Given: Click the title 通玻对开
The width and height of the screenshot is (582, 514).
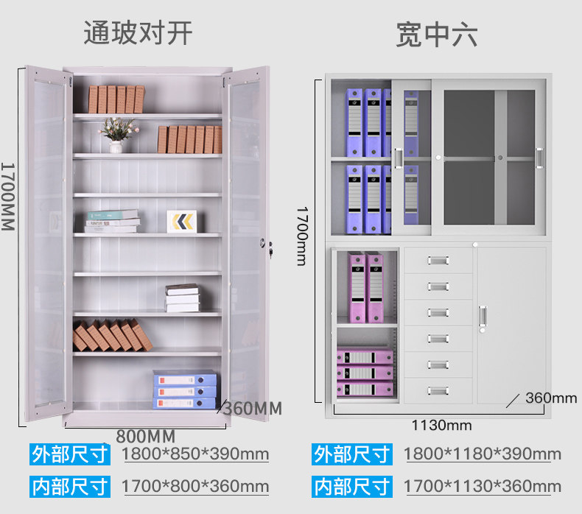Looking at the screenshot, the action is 138,32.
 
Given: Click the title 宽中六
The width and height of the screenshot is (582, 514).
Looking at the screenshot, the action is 436,34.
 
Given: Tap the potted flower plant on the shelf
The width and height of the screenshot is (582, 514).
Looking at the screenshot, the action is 116,133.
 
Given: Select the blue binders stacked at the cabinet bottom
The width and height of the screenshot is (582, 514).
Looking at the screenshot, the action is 185,390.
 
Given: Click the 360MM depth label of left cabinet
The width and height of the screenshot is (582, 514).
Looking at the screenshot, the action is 252,408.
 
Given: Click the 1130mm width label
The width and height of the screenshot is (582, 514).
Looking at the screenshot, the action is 441,426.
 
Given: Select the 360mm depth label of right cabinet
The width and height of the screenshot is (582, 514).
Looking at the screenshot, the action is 551,398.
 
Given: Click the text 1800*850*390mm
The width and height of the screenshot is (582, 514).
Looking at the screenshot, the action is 195,454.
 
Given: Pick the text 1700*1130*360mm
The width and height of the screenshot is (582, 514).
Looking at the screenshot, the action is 482,487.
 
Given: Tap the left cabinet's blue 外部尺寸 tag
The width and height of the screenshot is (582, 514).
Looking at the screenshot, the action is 70,454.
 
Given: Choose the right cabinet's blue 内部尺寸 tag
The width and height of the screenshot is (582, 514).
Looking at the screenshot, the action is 351,487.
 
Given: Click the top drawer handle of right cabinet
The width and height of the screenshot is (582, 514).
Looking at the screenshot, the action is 438,260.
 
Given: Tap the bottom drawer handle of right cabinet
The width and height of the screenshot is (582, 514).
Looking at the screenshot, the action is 438,390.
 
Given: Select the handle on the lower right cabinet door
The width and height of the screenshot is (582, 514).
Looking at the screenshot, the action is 483,315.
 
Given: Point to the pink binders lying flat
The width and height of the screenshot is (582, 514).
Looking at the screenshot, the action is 365,373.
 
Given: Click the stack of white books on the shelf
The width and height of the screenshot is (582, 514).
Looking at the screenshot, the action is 182,298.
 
